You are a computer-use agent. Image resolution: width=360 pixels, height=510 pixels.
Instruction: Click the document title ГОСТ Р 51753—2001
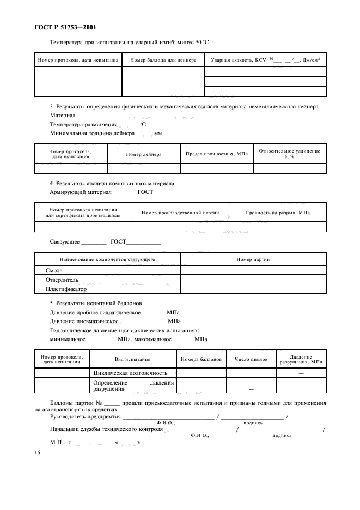click(x=61, y=28)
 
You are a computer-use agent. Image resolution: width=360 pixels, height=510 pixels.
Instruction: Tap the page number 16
click(x=38, y=453)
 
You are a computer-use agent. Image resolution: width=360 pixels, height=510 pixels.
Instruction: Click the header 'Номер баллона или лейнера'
click(x=163, y=60)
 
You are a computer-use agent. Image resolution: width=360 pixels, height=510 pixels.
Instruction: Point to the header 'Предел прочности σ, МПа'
click(x=217, y=154)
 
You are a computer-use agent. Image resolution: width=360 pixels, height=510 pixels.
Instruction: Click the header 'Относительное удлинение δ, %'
click(x=290, y=154)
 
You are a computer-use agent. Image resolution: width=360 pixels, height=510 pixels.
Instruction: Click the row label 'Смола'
click(x=54, y=270)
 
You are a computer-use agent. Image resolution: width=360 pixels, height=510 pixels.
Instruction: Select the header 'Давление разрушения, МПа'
click(x=301, y=359)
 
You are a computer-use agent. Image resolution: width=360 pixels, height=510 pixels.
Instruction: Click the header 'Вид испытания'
click(x=132, y=360)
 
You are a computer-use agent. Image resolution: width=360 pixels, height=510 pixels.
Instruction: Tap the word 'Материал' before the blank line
click(x=62, y=116)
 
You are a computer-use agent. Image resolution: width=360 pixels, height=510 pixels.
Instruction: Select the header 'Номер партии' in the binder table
click(x=253, y=259)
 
